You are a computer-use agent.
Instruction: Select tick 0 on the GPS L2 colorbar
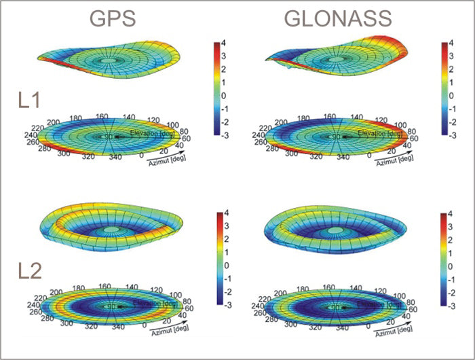231,265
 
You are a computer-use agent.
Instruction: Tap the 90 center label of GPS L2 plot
112,307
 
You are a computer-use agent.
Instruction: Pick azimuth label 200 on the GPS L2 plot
59,289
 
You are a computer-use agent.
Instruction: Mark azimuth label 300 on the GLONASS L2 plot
280,325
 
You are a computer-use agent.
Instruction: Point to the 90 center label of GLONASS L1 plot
335,137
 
